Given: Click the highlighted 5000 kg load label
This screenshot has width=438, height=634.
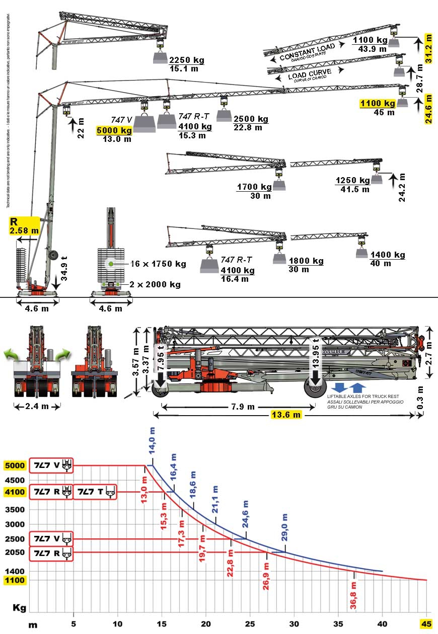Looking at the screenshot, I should coord(114,131).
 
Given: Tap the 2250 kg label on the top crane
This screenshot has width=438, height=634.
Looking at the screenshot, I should coord(187,60).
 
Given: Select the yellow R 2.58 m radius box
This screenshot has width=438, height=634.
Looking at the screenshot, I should coord(24,225).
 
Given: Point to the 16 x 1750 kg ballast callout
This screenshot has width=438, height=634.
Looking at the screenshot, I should coord(158,264).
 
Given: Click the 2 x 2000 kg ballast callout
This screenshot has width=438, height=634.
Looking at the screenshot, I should coord(155,285).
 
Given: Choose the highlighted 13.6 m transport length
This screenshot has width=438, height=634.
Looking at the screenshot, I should coord(286,415).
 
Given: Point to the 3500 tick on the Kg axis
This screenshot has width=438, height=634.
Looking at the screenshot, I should coord(15,510).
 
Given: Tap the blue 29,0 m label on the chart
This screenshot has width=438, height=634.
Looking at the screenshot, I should coord(285,527).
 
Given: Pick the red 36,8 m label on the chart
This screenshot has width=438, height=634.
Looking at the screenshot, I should coord(353,592).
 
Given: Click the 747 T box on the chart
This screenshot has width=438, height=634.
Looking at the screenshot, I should coord(95,492).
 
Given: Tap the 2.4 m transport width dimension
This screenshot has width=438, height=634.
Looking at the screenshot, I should coord(37,406).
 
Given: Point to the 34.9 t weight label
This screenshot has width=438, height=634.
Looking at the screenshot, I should coord(64,270).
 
